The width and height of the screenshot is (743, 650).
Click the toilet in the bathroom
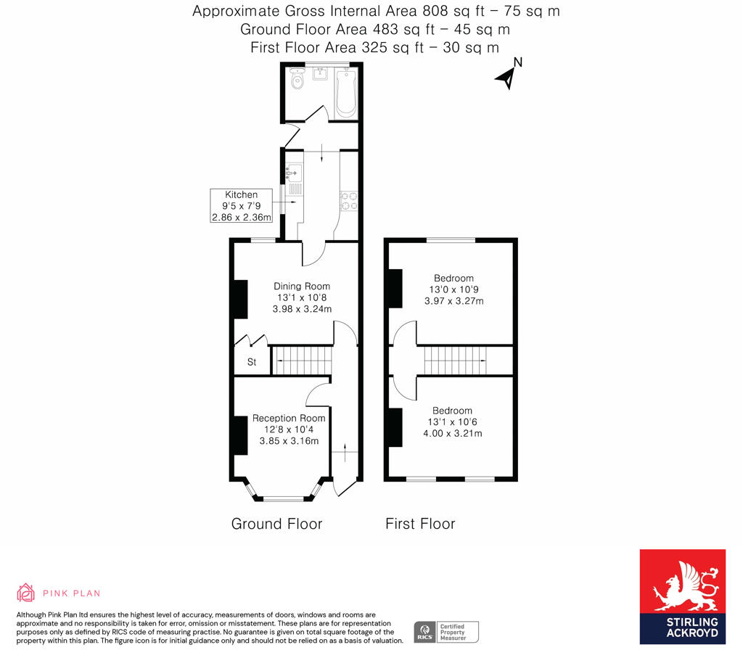(297, 79)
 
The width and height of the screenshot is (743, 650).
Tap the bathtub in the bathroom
(345, 94)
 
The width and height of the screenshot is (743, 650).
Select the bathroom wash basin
(320, 73)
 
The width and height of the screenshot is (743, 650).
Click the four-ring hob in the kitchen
(349, 201)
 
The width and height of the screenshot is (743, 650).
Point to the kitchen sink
(295, 173)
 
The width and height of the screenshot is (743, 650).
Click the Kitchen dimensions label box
(242, 205)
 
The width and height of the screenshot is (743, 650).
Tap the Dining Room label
(302, 286)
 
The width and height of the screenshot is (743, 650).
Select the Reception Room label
(289, 418)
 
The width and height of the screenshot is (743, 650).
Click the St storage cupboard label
(252, 362)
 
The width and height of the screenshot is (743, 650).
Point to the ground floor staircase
(301, 361)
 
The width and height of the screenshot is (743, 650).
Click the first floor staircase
(455, 361)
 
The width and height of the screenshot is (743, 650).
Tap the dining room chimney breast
(241, 299)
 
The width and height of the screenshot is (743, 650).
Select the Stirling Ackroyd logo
(682, 596)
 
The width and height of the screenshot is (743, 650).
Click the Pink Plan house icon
(25, 593)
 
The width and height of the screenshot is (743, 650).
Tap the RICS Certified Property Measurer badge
(446, 632)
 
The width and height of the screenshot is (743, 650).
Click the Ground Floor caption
(276, 524)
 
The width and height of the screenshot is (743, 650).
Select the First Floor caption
(420, 524)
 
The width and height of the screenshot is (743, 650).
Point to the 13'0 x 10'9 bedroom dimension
(453, 289)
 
